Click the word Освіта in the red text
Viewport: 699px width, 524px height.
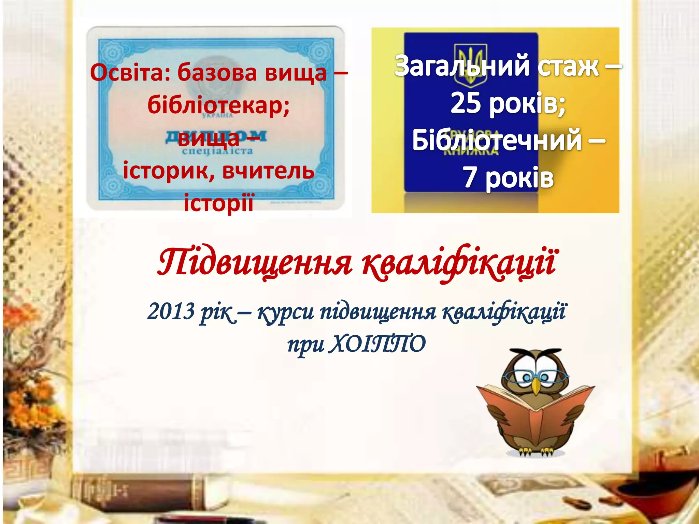pyautogui.click(x=130, y=73)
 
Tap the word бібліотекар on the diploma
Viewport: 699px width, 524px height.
pyautogui.click(x=218, y=105)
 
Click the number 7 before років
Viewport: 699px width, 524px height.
pyautogui.click(x=470, y=178)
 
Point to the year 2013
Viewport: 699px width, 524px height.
pyautogui.click(x=171, y=311)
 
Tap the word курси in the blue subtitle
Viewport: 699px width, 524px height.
pyautogui.click(x=285, y=312)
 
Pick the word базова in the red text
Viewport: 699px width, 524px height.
pyautogui.click(x=217, y=73)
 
